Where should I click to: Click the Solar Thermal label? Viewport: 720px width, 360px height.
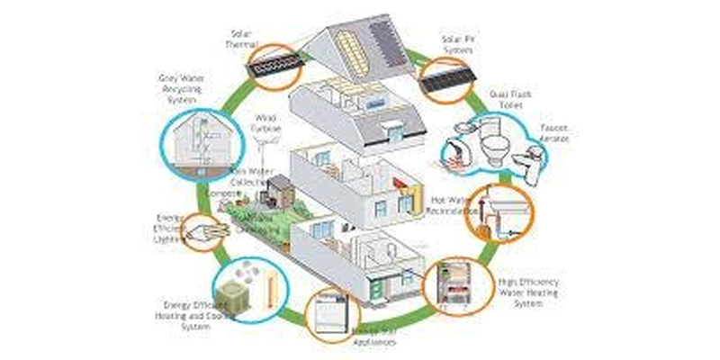pyautogui.click(x=242, y=38)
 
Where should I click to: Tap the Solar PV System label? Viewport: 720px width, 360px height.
pyautogui.click(x=459, y=43)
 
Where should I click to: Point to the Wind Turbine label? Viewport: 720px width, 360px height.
pyautogui.click(x=265, y=122)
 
